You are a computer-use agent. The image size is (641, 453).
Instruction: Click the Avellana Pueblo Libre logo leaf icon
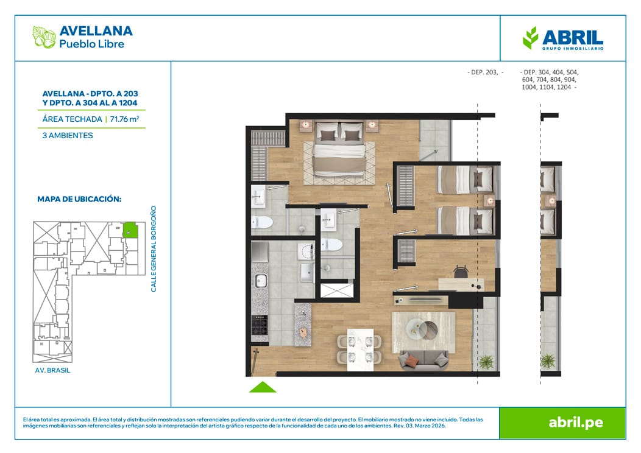44,37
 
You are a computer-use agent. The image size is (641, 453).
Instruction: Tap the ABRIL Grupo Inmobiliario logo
563,38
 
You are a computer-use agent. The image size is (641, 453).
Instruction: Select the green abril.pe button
562,423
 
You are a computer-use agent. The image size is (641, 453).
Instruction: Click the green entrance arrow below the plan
263,387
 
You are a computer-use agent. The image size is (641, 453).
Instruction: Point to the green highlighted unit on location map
130,230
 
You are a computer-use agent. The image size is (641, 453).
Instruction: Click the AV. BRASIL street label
52,370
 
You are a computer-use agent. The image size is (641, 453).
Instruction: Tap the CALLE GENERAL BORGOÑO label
154,249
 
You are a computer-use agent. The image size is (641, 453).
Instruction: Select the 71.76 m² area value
124,119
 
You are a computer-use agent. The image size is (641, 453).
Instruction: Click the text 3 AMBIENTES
68,135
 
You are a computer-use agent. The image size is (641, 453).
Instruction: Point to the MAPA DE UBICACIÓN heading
79,199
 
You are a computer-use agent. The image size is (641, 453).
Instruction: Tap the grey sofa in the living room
424,360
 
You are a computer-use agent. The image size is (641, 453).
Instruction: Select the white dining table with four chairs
360,349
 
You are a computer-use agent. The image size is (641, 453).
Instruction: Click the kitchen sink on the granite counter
260,281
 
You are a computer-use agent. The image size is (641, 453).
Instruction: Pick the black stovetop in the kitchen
260,325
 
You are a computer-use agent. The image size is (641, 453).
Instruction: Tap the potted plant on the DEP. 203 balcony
486,362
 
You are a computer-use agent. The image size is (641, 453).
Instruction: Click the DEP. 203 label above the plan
484,72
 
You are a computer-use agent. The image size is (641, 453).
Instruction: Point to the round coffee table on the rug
422,329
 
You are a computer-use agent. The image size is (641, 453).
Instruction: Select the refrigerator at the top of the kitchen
260,251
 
